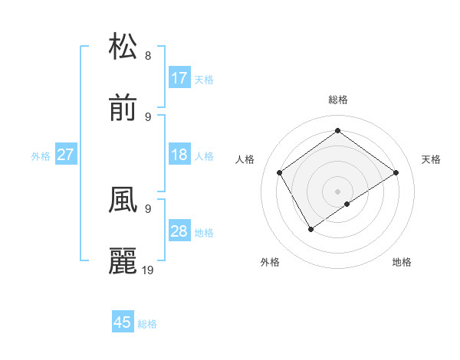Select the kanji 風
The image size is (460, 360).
123,199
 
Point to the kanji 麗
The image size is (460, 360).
123,261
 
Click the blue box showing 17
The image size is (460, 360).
179,78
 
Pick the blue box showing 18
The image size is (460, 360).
179,155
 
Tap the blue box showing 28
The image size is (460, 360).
179,231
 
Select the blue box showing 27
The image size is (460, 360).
66,155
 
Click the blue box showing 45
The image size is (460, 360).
123,322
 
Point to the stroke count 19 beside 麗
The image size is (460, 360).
148,270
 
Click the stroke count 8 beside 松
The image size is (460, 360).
148,55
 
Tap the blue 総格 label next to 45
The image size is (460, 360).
147,324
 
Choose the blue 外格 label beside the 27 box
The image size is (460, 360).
41,156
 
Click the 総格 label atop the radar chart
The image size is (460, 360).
338,100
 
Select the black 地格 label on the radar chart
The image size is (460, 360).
402,262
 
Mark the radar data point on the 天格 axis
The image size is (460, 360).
396,172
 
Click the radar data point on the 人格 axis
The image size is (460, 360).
280,172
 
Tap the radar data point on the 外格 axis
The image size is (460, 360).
311,228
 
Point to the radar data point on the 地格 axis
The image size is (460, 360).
347,204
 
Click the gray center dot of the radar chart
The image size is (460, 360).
338,191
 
